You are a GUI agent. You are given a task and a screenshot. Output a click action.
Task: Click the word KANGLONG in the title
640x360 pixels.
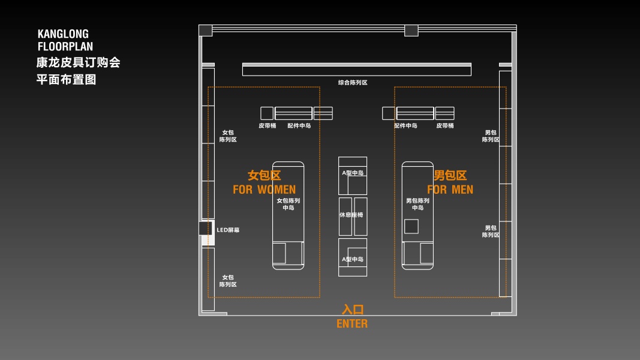(63, 34)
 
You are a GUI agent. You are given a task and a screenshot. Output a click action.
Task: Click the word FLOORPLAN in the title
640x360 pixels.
(65, 46)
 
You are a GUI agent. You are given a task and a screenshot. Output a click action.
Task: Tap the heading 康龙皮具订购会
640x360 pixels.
(78, 62)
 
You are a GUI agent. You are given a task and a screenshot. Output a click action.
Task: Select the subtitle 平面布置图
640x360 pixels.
(66, 79)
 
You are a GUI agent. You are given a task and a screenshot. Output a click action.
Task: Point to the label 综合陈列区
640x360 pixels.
(353, 82)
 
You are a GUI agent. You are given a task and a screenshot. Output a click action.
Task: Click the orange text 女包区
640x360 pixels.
(265, 176)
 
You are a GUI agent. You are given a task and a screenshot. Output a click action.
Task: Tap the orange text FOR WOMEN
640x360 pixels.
(264, 190)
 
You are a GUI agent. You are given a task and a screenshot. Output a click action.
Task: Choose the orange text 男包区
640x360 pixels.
(450, 176)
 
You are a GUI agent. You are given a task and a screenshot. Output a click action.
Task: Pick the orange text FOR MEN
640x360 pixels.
(450, 190)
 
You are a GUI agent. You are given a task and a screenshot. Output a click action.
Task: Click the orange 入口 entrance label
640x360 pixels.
(353, 310)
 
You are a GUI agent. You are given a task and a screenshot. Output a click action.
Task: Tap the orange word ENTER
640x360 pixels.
(352, 324)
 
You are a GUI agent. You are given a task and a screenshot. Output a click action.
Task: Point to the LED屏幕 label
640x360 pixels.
(228, 230)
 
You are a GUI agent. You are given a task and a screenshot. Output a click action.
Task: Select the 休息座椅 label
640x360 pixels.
(351, 215)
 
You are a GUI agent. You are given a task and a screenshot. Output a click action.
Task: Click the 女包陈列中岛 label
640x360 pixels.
(289, 204)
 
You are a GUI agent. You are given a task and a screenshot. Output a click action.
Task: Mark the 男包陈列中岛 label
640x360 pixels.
(417, 204)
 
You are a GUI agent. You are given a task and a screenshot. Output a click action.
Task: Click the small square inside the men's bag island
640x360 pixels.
(411, 226)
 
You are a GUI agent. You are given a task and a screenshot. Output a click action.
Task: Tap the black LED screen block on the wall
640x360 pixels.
(206, 229)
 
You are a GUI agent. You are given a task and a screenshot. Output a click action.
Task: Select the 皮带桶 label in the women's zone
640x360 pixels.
(268, 126)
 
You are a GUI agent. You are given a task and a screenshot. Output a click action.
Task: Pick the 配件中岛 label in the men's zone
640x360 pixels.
(405, 126)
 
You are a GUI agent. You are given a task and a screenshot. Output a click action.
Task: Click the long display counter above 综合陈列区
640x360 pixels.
(356, 70)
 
